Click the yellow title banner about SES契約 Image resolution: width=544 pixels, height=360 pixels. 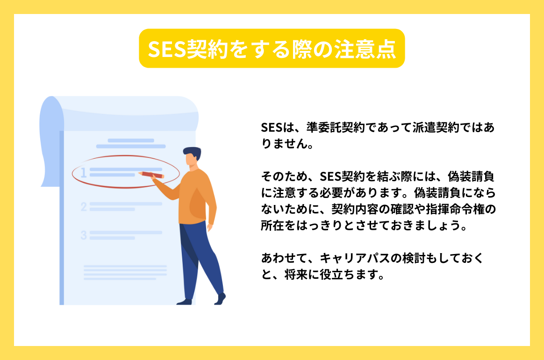pyautogui.click(x=272, y=49)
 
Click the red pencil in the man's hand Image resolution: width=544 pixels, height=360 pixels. pyautogui.click(x=152, y=175)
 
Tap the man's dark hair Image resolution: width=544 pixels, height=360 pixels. pyautogui.click(x=193, y=153)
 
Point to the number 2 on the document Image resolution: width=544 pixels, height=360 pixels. pyautogui.click(x=84, y=206)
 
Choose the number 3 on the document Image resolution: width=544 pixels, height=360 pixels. pyautogui.click(x=84, y=235)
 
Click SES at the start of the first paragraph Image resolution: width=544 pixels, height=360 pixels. pyautogui.click(x=271, y=127)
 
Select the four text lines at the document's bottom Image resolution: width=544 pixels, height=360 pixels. pyautogui.click(x=125, y=272)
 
